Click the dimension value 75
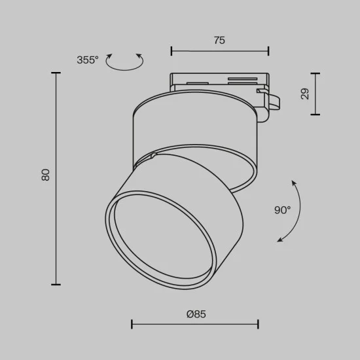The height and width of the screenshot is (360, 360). (219, 41)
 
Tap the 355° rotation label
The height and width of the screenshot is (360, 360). (87, 60)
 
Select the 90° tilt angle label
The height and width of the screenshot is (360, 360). (282, 210)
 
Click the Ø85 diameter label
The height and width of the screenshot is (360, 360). (196, 314)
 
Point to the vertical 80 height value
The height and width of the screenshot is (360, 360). (45, 175)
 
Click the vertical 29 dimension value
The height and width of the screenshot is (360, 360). (305, 94)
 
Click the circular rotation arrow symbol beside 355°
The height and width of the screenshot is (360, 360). (125, 62)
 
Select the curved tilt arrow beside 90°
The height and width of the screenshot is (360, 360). (291, 211)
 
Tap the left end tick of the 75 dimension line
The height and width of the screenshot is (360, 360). (171, 51)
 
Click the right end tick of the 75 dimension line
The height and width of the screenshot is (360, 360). (268, 51)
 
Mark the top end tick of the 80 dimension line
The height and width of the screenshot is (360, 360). (56, 73)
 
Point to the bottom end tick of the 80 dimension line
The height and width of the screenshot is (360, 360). (56, 285)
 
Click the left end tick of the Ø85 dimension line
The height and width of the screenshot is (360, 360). (132, 324)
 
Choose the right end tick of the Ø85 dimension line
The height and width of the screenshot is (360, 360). (258, 324)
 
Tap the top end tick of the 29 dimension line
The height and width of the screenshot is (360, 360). (315, 74)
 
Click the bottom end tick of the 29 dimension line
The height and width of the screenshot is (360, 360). (315, 114)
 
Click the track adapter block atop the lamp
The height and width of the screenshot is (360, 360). (219, 81)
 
